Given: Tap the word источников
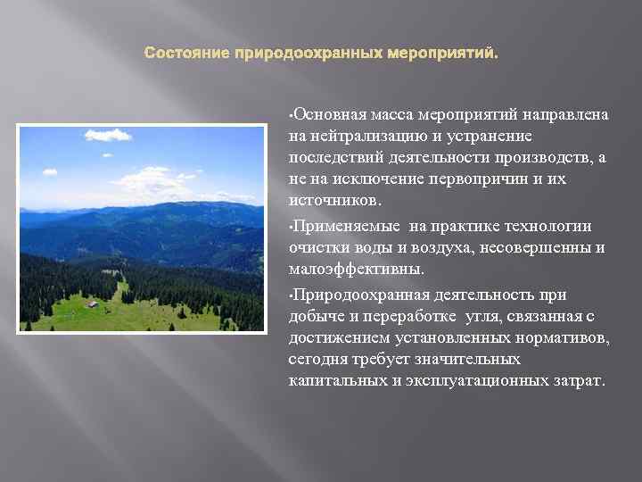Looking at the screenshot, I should (x=332, y=201).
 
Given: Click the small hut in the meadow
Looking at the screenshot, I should (x=92, y=304).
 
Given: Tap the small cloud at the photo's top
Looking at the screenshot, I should (x=108, y=136).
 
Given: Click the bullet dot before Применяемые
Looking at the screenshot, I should (x=291, y=228).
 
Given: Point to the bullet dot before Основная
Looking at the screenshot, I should (x=291, y=116).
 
